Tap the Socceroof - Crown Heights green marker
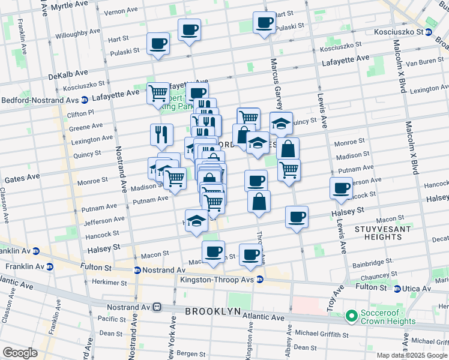(351, 315)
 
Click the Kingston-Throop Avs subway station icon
(259, 280)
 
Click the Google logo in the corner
(19, 353)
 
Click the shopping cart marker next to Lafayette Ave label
(158, 93)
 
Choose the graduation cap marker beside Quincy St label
(281, 122)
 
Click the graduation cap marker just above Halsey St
(196, 220)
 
